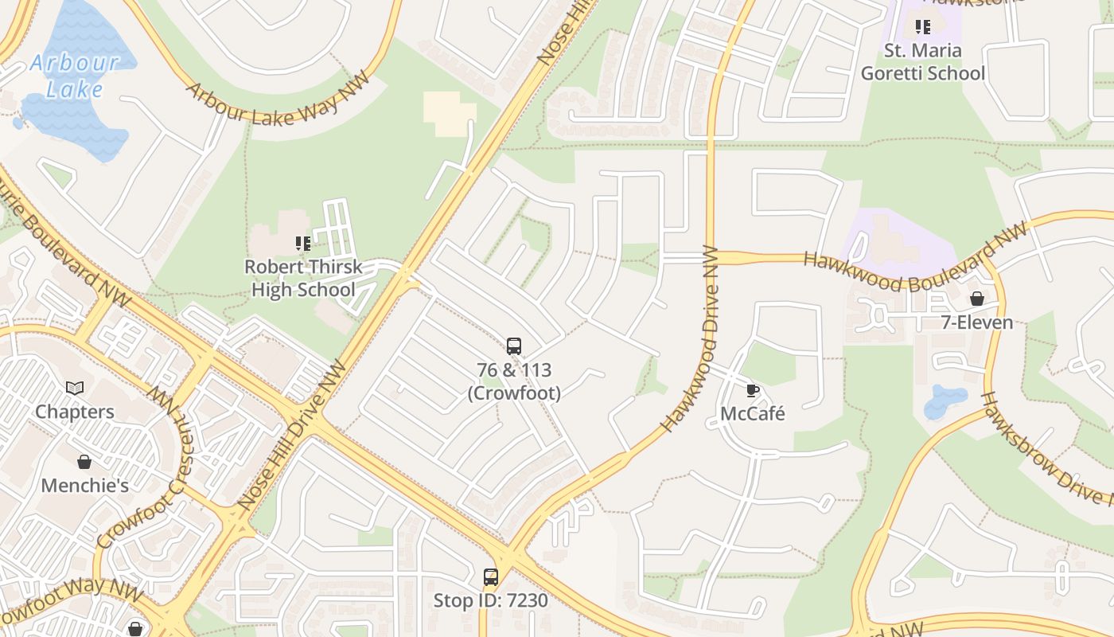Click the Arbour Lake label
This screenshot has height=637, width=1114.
[x=75, y=75]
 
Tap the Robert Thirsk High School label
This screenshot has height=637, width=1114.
[x=303, y=278]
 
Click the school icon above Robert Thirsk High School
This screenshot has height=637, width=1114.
[x=302, y=243]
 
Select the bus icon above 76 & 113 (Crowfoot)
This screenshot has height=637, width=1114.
[x=514, y=346]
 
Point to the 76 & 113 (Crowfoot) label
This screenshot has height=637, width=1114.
[x=514, y=381]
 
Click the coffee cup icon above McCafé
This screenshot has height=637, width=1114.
[x=752, y=390]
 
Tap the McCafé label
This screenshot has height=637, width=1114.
[x=752, y=413]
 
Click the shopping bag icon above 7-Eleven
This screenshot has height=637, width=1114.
[x=976, y=299]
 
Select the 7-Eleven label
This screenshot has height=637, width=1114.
[x=976, y=322]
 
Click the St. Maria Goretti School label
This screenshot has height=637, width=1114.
[x=922, y=62]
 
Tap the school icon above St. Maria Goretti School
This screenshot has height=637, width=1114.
[x=922, y=27]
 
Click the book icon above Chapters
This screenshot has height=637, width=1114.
[x=75, y=388]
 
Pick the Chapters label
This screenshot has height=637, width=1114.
[x=75, y=412]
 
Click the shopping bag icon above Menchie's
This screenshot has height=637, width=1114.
[x=84, y=462]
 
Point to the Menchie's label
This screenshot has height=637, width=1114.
[x=84, y=485]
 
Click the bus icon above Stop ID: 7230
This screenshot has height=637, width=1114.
[x=491, y=577]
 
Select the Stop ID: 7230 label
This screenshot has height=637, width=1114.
[x=491, y=600]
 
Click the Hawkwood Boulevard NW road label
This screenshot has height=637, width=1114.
[x=915, y=259]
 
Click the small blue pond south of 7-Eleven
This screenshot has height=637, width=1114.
[x=945, y=401]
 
